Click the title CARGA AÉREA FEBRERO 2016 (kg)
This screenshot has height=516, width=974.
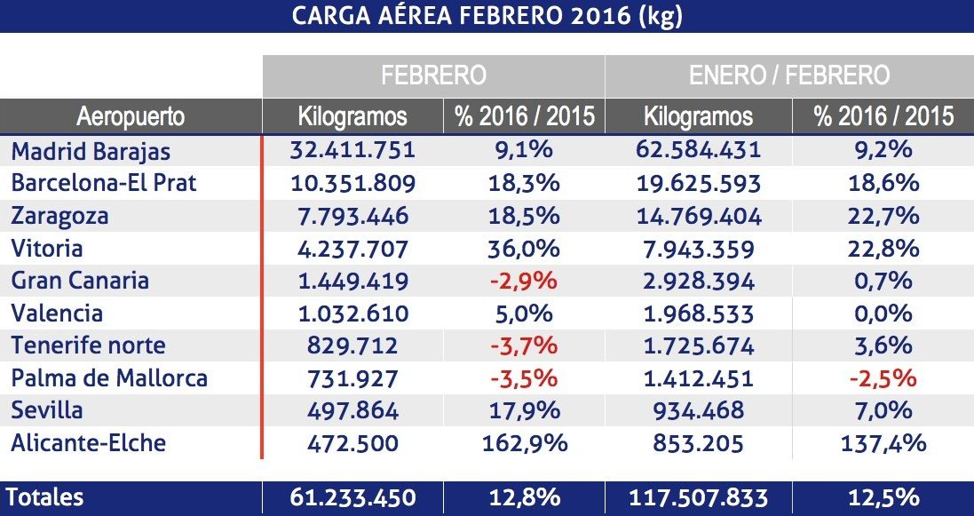click(487, 16)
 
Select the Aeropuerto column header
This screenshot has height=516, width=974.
click(131, 116)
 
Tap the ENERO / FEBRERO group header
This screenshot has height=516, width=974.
click(788, 75)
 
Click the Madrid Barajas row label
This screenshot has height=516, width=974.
click(91, 151)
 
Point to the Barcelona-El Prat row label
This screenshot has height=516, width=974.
click(104, 183)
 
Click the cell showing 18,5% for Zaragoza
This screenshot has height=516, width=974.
click(524, 216)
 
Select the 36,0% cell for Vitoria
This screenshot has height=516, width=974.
click(524, 249)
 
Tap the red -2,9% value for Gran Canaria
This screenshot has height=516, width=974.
click(524, 281)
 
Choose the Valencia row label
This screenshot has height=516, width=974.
click(57, 314)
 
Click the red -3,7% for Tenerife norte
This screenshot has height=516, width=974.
click(524, 345)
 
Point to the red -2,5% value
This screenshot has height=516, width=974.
click(882, 378)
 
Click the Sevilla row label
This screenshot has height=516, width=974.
click(47, 410)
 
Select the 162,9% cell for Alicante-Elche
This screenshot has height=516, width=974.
click(524, 443)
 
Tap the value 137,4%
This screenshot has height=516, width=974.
click(882, 443)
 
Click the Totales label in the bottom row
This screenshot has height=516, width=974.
click(47, 498)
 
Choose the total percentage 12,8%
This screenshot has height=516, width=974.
click(524, 498)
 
